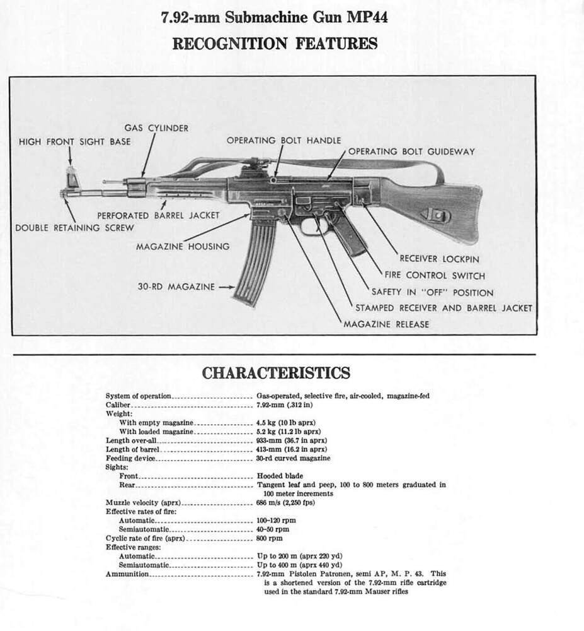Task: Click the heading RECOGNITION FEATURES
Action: click(275, 44)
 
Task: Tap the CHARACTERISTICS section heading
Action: click(276, 373)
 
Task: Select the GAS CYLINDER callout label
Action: click(156, 128)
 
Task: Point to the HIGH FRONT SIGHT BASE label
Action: click(74, 141)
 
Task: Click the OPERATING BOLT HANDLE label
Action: click(283, 140)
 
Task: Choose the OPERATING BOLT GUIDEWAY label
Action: click(411, 151)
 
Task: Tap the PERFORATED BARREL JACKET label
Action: click(158, 215)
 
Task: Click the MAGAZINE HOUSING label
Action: click(183, 246)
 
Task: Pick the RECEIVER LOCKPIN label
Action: click(439, 259)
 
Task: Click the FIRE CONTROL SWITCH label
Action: click(435, 275)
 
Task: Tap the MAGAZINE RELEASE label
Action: click(386, 324)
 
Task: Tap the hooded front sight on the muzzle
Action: click(71, 177)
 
